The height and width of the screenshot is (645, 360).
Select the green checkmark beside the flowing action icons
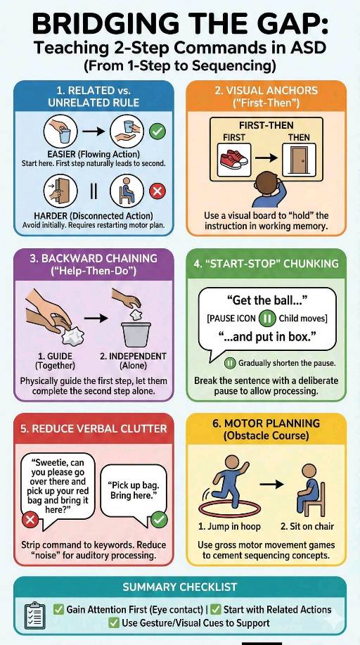[157, 132]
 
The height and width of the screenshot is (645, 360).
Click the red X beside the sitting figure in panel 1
[157, 191]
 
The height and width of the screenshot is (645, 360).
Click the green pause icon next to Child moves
[266, 319]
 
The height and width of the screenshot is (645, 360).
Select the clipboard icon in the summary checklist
[34, 615]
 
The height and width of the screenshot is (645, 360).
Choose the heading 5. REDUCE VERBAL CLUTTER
[94, 428]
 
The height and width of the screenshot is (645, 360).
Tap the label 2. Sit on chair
[307, 526]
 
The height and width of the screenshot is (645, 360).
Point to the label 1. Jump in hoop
[229, 526]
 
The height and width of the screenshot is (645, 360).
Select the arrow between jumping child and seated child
[271, 484]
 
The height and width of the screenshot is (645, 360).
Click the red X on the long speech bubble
[30, 520]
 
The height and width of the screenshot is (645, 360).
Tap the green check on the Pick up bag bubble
[158, 520]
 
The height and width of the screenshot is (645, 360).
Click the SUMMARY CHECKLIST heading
[180, 587]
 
